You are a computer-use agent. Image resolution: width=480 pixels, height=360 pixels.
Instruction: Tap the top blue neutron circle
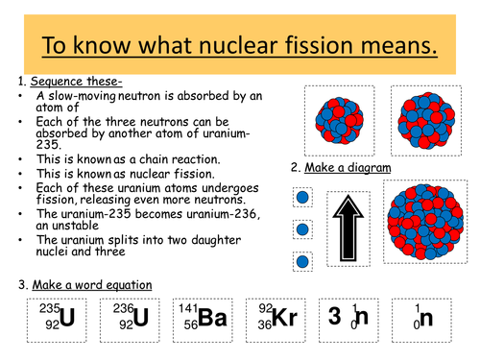tap(302, 198)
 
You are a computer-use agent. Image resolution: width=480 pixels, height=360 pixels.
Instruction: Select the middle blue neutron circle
tap(302, 230)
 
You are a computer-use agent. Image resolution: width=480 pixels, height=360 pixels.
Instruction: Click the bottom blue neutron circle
tap(302, 261)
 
